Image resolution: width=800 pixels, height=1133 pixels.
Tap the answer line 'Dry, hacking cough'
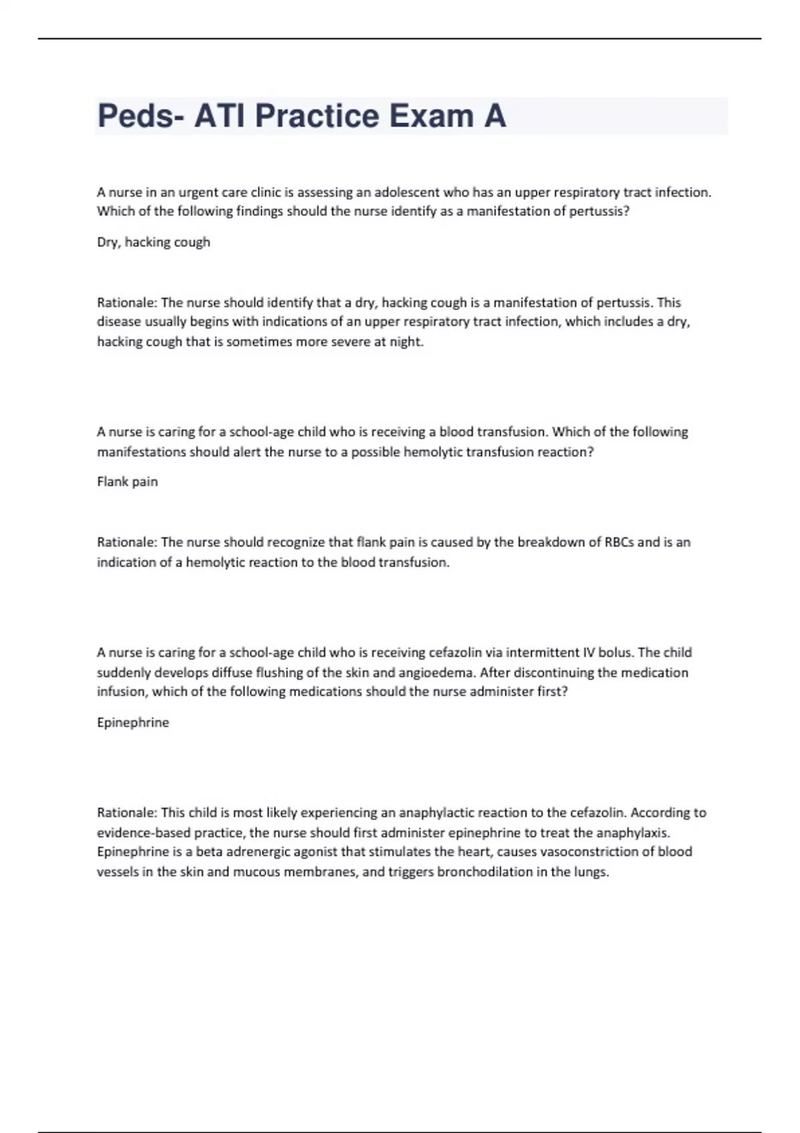click(153, 242)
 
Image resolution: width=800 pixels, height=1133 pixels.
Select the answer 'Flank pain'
click(127, 481)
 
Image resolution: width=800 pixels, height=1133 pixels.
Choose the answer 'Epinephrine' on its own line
click(133, 722)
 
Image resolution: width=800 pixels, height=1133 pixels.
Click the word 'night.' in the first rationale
click(406, 341)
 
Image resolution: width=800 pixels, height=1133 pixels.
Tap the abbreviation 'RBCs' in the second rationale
click(619, 542)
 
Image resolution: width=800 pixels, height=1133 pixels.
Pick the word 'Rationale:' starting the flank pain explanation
click(127, 542)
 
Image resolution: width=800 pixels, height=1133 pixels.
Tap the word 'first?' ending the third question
click(551, 692)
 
